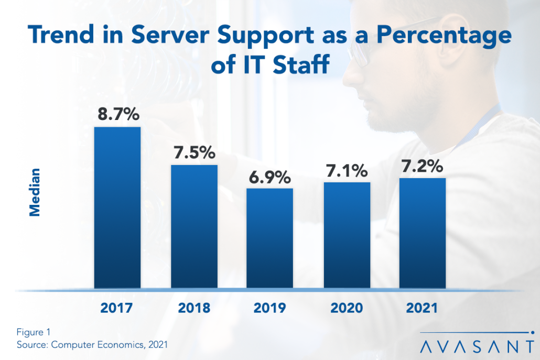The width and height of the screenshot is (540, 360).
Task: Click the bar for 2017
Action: tap(117, 208)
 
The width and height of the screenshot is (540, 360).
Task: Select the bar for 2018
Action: tap(194, 226)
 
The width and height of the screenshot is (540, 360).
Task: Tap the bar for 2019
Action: tap(270, 238)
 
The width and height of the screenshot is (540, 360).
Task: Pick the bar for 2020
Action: tap(347, 235)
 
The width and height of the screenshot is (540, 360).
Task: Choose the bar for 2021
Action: tap(423, 233)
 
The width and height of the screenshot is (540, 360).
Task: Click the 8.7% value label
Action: tap(117, 114)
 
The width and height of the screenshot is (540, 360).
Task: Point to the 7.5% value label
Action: tap(194, 152)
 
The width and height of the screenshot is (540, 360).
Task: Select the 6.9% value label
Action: tap(270, 177)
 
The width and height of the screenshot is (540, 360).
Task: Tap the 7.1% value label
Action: tap(347, 171)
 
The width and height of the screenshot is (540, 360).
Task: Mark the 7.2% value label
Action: tap(423, 167)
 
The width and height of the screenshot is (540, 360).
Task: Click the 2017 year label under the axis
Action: tap(117, 308)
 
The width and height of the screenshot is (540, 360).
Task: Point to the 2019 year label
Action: tap(270, 308)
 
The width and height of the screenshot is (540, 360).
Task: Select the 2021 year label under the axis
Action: tap(423, 308)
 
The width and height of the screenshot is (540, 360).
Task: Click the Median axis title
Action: tap(35, 192)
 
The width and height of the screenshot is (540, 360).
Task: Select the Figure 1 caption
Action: tap(32, 332)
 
